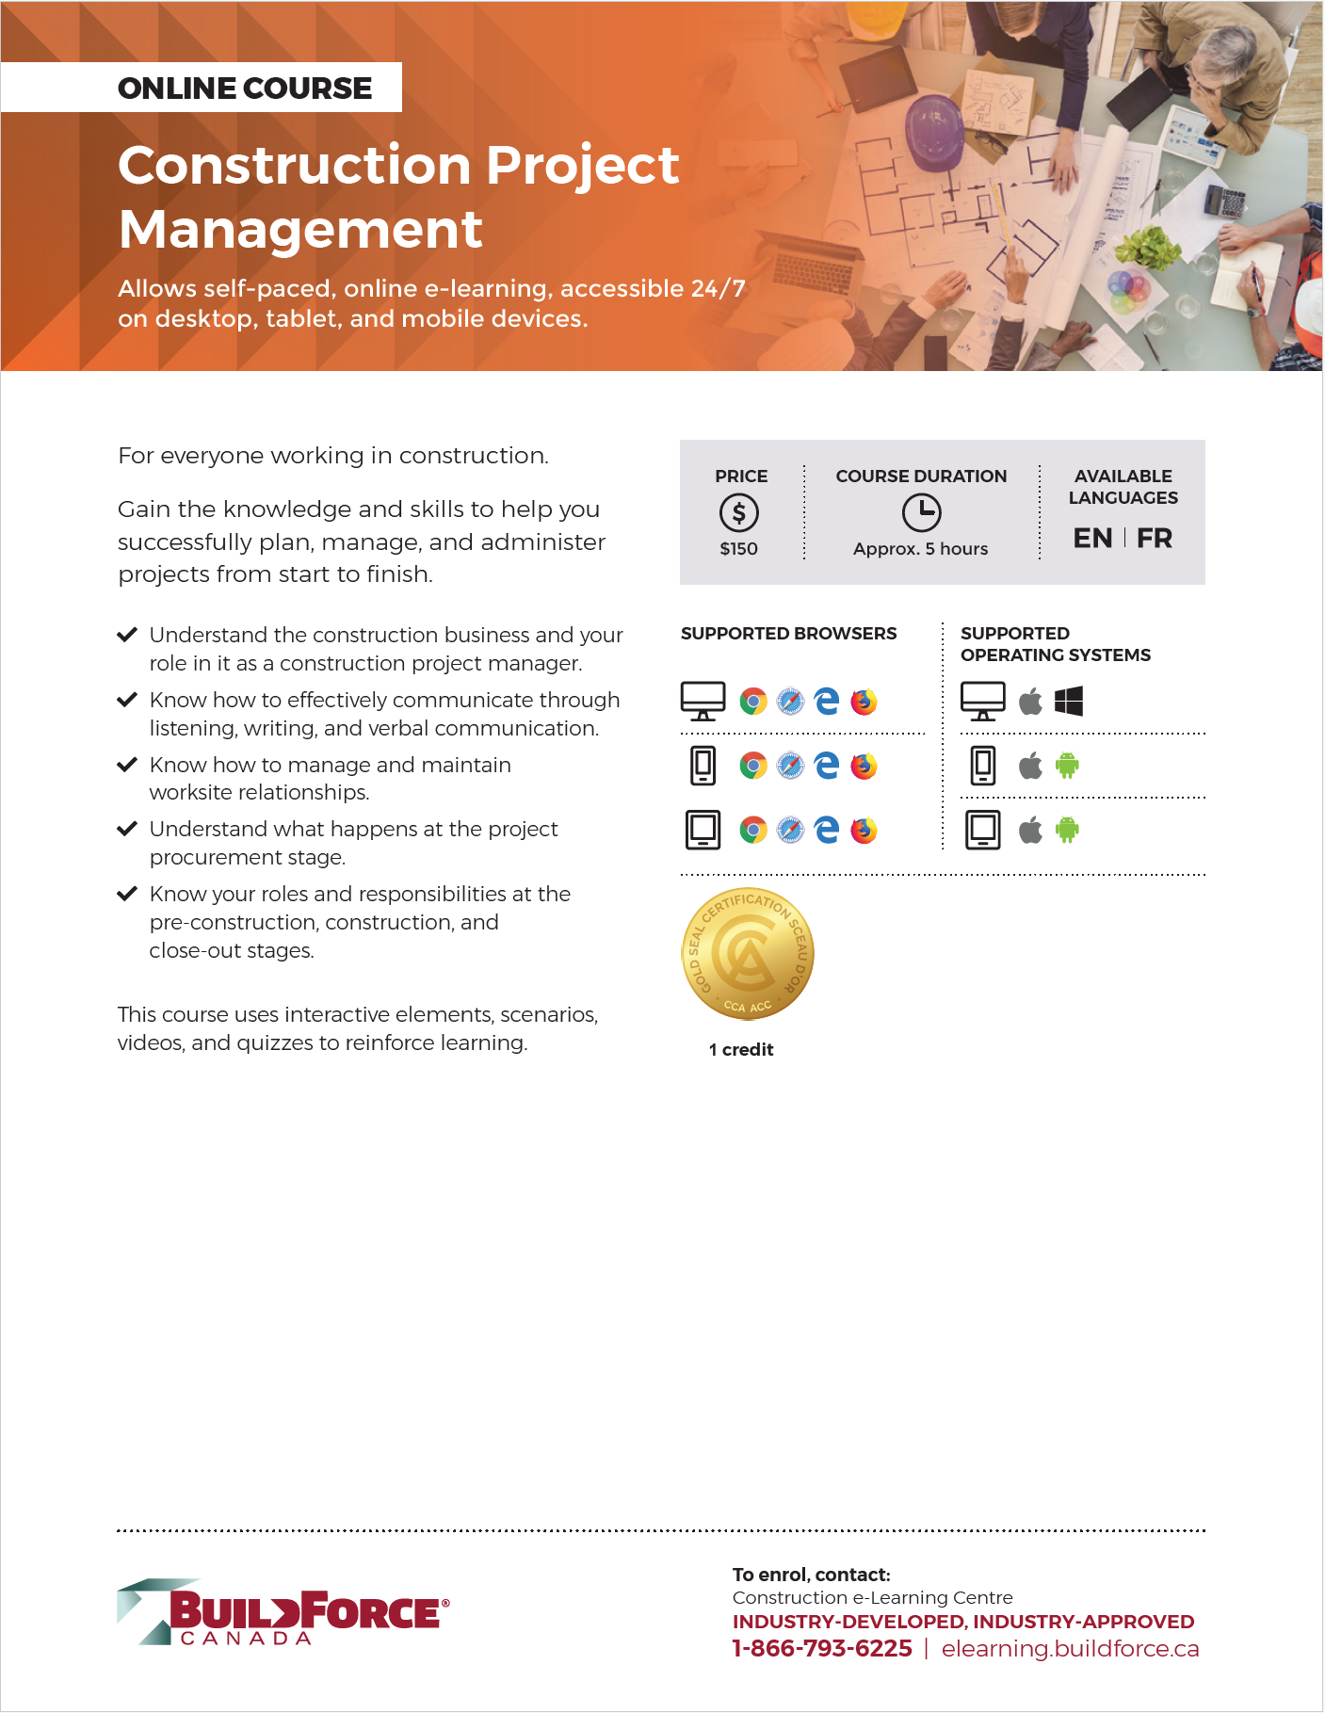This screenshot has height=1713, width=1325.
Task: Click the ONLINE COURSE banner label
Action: coord(245,89)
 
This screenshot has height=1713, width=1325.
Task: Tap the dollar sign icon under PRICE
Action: coord(739,513)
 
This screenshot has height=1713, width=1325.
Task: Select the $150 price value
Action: coord(739,549)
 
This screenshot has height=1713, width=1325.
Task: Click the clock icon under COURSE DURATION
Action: coord(921,513)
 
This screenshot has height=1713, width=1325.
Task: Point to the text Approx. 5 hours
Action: coord(920,549)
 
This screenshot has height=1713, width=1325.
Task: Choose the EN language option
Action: coord(1092,539)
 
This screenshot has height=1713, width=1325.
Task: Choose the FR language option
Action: coord(1155,539)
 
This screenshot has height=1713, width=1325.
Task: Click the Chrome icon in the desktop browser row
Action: coord(753,702)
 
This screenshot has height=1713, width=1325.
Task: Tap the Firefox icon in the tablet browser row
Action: coord(864,831)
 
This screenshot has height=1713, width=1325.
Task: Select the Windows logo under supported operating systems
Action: coord(1069,702)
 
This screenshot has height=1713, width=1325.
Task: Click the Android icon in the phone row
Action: coord(1067,766)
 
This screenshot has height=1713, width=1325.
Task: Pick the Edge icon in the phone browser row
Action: coord(827,766)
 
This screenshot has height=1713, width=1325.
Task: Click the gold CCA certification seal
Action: coord(748,954)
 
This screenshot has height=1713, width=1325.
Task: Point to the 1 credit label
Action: coord(741,1050)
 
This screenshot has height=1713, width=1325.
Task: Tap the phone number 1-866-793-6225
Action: coord(822,1649)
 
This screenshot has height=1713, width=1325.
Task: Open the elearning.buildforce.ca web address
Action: coord(1070,1649)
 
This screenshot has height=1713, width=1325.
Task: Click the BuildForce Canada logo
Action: coord(283,1612)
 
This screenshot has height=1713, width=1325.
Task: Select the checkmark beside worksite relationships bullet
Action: coord(127,765)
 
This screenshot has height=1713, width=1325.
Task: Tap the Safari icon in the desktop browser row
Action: coord(790,702)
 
